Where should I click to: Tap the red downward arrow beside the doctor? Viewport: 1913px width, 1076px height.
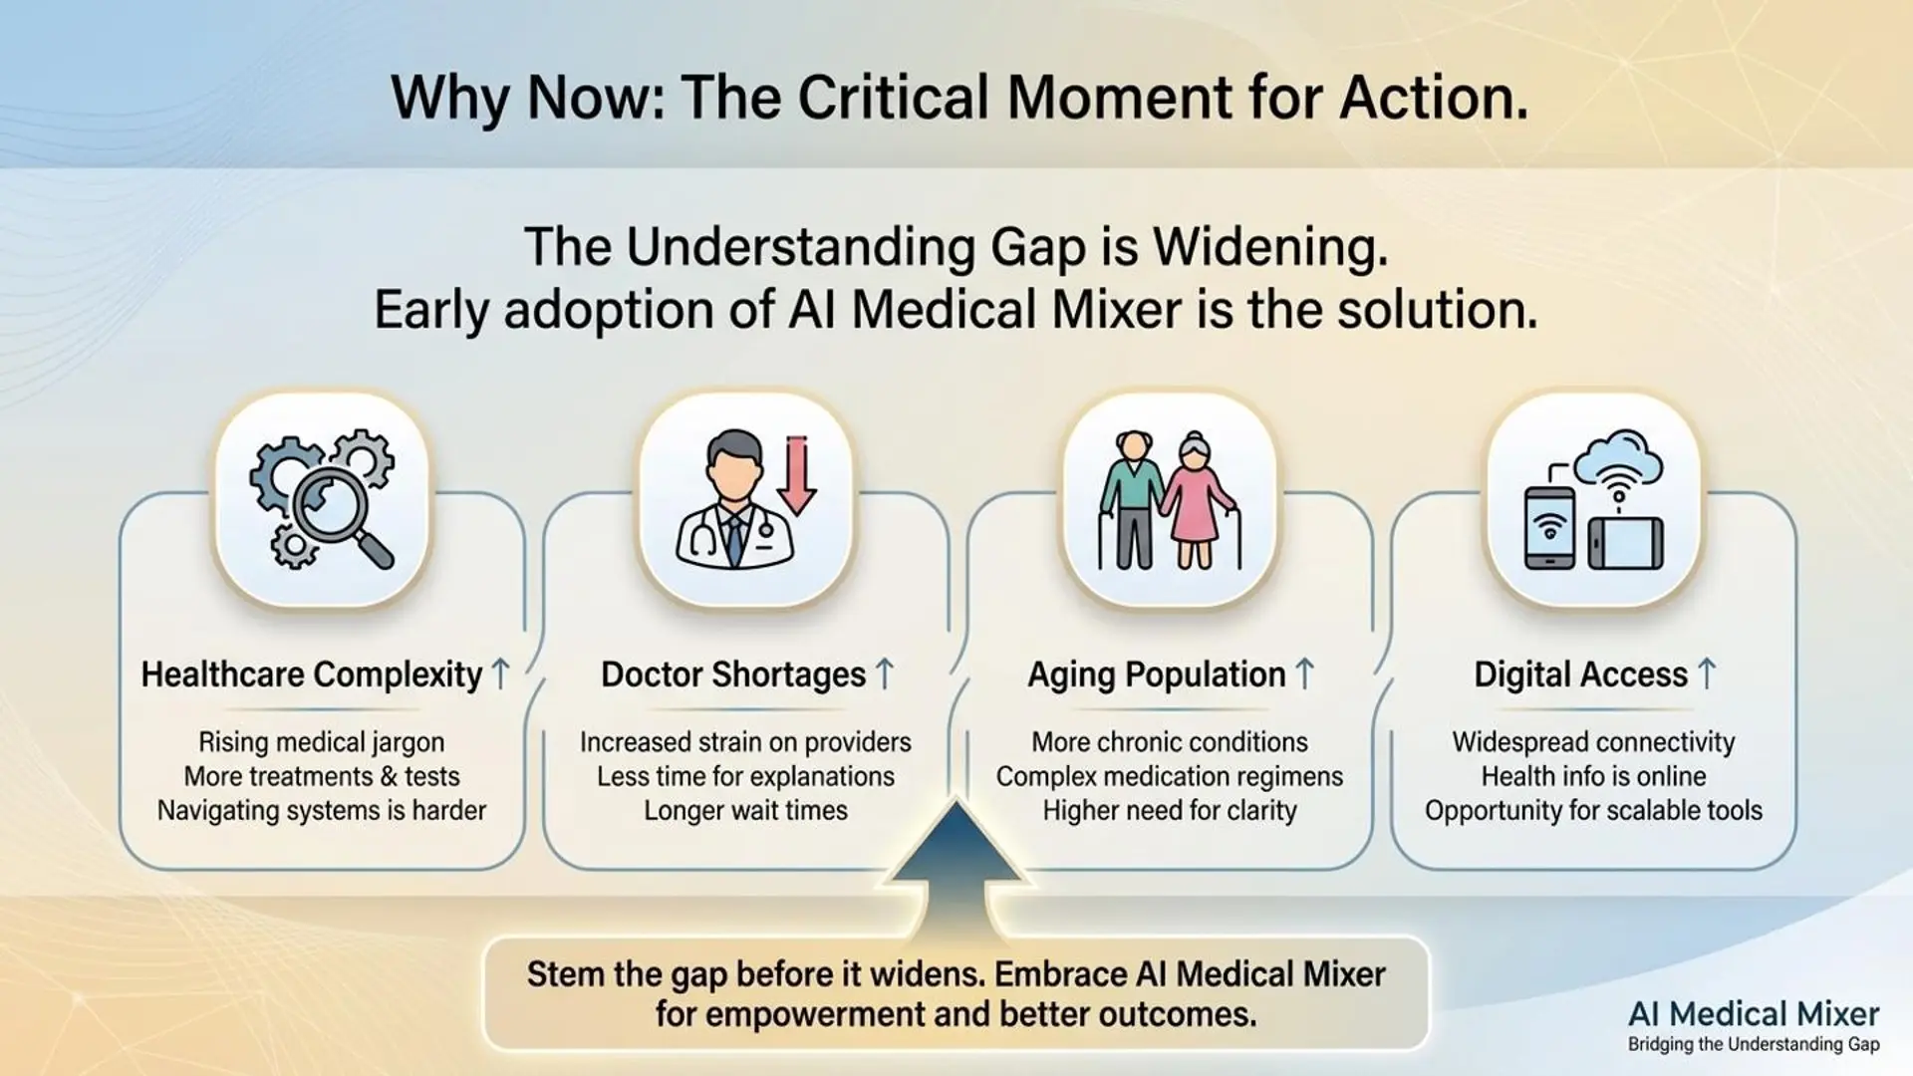797,475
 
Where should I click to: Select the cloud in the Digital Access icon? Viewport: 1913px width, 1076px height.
1619,457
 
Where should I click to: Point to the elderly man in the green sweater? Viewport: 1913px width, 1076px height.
1132,500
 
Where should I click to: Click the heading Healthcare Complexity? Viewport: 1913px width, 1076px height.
312,675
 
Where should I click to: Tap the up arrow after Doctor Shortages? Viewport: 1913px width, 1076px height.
884,674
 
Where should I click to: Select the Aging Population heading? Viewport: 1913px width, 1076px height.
1157,675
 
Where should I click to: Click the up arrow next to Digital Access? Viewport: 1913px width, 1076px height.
1707,674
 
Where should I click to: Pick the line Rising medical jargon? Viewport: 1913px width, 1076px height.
322,743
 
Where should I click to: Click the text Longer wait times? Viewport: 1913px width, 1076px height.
746,811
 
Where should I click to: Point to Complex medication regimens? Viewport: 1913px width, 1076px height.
1170,777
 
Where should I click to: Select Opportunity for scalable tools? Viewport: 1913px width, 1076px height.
1593,811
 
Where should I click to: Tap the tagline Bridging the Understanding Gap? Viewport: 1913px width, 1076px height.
1754,1045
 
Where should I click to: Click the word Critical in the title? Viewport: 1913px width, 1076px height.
894,98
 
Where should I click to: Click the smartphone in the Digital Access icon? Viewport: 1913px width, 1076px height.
1550,528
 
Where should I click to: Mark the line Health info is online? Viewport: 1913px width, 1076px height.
1593,777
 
